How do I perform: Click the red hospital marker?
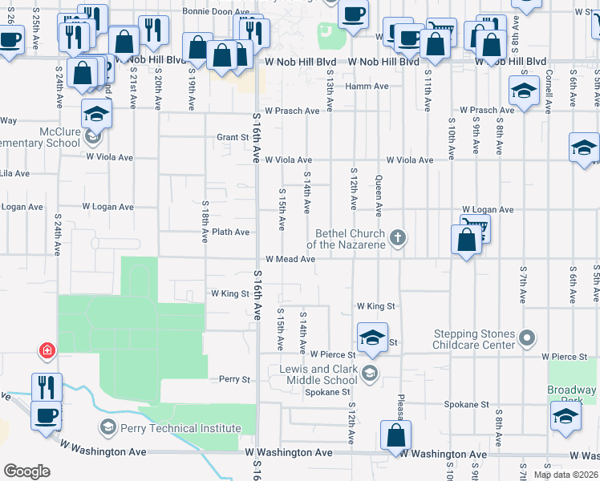point(48,351)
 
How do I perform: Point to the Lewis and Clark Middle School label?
point(318,374)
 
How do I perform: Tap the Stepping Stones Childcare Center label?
point(473,339)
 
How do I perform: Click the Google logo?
point(26,471)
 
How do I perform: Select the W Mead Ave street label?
point(290,260)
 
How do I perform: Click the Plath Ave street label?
point(230,232)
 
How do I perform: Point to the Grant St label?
point(233,137)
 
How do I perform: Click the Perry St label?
point(235,378)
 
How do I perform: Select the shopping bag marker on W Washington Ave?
point(395,437)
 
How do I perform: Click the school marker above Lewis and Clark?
point(372,338)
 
